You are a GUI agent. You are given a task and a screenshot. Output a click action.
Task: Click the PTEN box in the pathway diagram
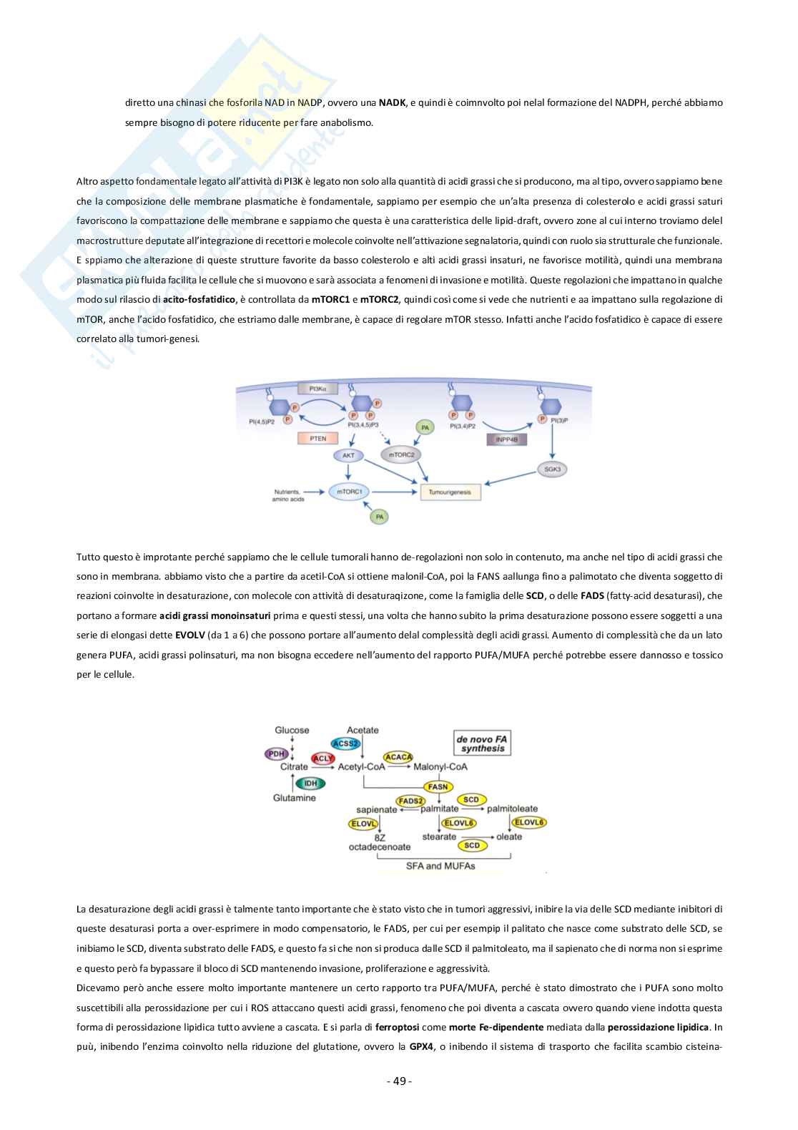coord(318,438)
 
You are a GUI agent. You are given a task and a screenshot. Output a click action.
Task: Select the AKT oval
coord(348,455)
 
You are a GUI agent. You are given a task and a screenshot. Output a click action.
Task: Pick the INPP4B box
coord(506,439)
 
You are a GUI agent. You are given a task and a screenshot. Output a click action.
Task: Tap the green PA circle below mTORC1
coord(380,515)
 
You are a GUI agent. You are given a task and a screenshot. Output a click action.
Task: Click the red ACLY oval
coord(323,759)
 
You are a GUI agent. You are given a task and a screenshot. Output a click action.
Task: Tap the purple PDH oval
coord(276,754)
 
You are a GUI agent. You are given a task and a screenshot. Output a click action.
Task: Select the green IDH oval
coord(310,783)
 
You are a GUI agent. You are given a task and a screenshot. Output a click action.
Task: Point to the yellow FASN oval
coord(438,786)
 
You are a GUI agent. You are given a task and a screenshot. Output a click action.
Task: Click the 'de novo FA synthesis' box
coord(483,743)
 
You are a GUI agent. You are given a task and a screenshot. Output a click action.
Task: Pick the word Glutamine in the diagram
coord(294,798)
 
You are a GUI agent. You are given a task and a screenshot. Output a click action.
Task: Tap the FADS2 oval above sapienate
coord(410,801)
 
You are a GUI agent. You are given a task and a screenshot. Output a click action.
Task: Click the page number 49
coord(399,1081)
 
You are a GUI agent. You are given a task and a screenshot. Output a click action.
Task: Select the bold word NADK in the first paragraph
coord(391,102)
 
